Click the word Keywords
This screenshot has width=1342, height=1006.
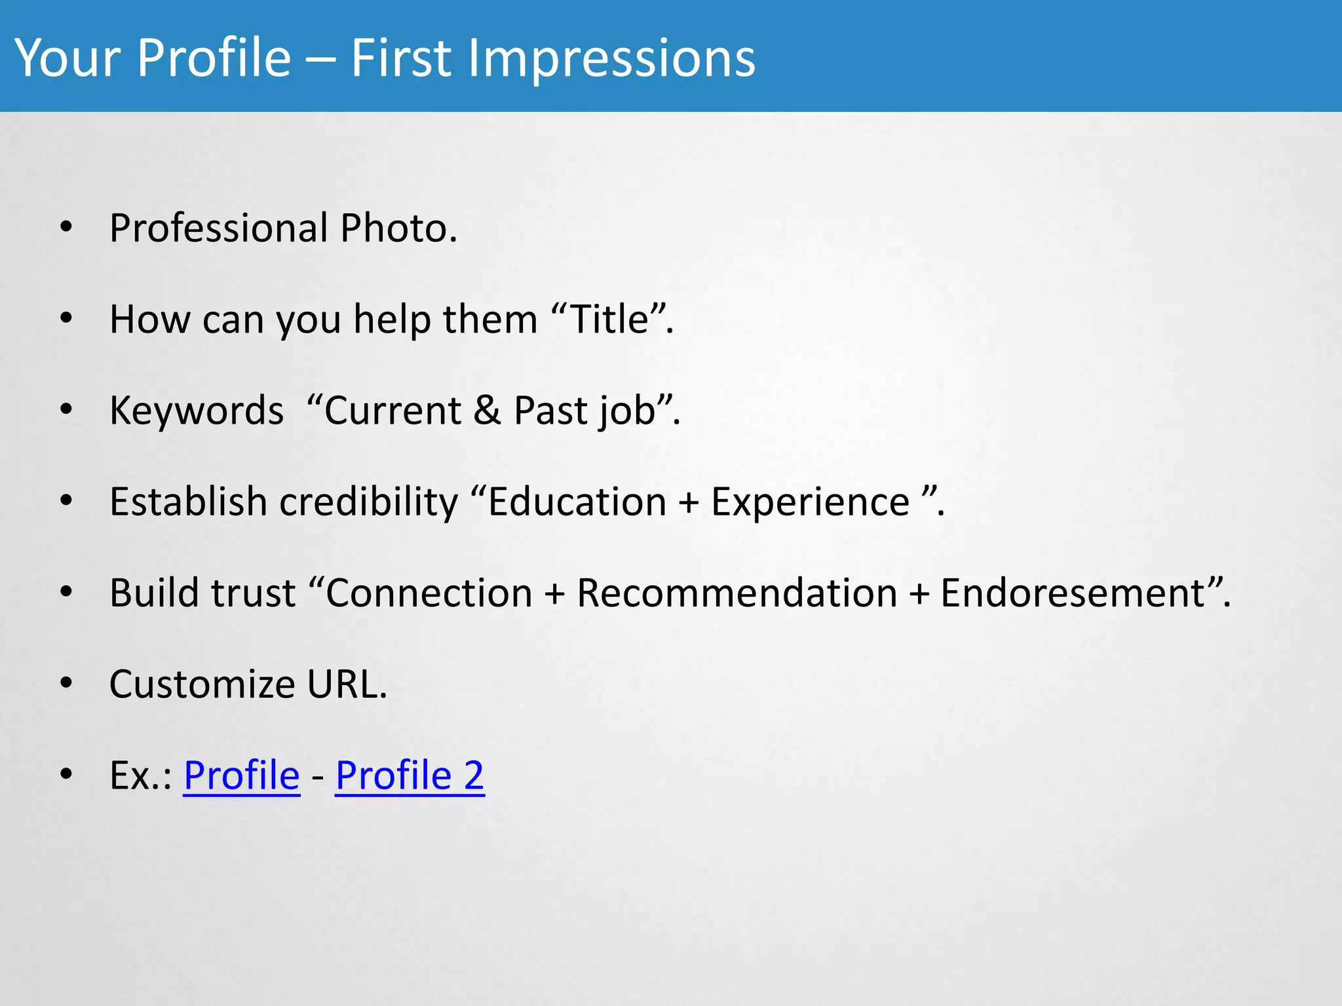(197, 411)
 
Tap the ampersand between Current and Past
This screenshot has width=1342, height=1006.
(487, 411)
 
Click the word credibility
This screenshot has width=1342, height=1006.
(369, 502)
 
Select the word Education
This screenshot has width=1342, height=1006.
(577, 502)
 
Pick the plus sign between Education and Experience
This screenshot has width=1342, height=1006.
(689, 504)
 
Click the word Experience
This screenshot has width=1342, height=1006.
(811, 504)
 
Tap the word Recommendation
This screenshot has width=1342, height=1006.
(737, 593)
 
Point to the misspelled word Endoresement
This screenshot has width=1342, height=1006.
(1073, 593)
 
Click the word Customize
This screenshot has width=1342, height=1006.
(202, 684)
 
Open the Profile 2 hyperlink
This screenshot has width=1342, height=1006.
(410, 776)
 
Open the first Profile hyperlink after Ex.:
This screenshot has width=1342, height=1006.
(241, 776)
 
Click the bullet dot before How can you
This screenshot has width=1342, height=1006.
(66, 319)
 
